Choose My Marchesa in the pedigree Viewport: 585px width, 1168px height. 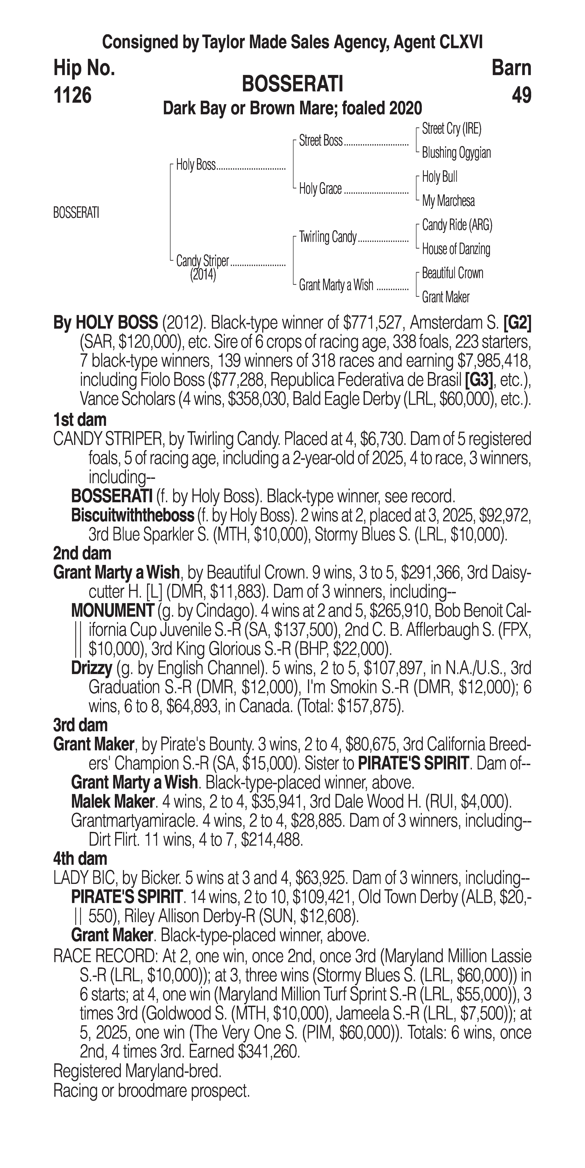pos(448,201)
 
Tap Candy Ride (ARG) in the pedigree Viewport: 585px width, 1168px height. pos(457,225)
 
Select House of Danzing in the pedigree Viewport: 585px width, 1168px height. pos(456,249)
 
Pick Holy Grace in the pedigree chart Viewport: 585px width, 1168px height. pos(320,189)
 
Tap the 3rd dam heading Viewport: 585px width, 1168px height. pos(80,725)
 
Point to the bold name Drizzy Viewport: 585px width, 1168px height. pos(92,668)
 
